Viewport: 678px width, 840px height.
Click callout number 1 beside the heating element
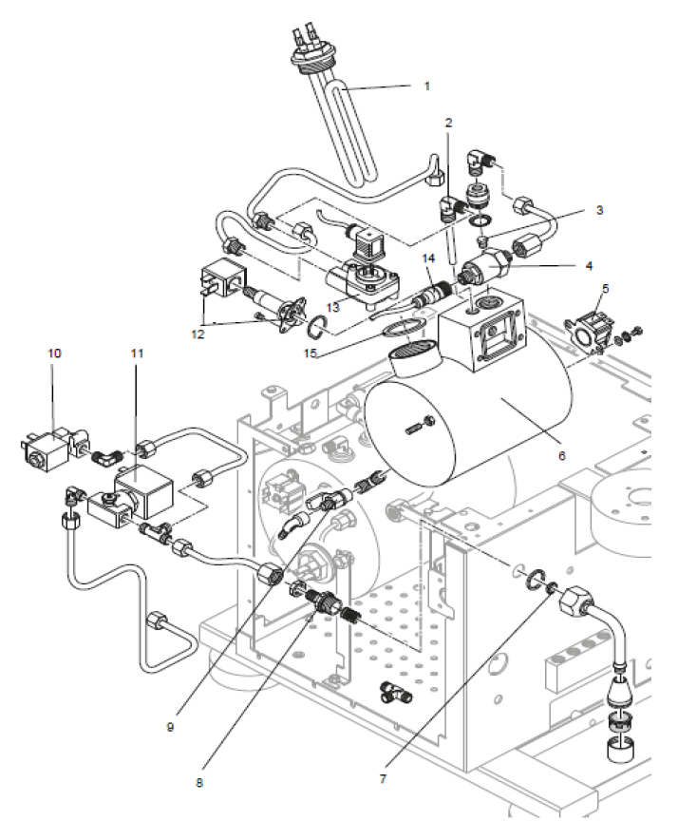click(426, 85)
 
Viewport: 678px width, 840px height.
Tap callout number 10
click(54, 353)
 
